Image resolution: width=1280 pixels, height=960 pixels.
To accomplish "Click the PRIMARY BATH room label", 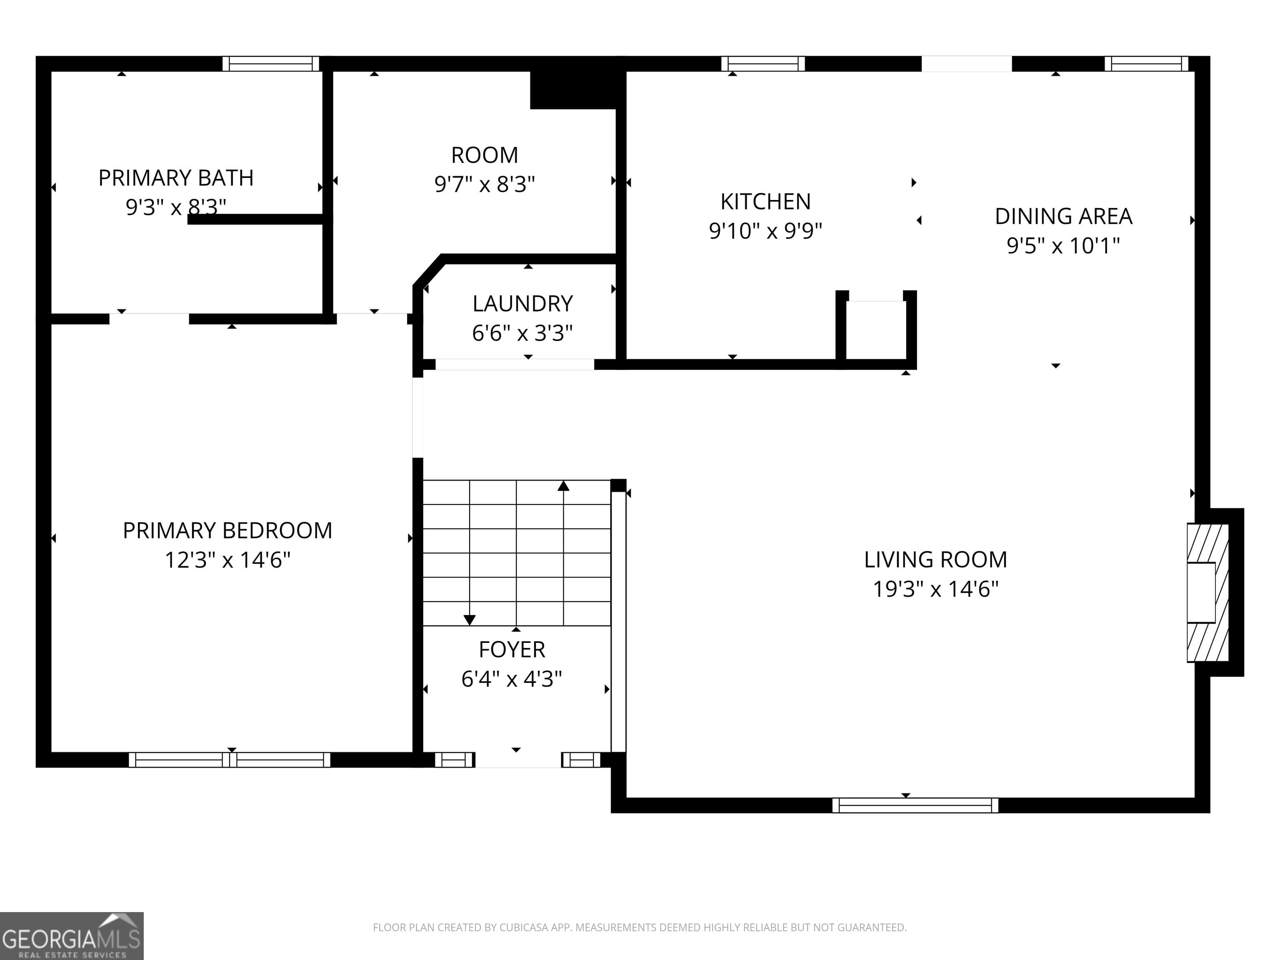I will (x=176, y=177).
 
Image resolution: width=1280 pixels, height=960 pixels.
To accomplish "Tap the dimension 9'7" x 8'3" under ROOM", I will (x=484, y=185).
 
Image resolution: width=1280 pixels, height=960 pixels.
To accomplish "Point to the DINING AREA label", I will (x=1063, y=216).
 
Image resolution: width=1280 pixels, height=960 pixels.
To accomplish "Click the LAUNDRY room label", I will (x=522, y=304).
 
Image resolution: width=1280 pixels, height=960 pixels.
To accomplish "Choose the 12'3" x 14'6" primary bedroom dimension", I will (x=227, y=560).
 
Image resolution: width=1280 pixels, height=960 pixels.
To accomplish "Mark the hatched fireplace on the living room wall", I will (x=1207, y=592).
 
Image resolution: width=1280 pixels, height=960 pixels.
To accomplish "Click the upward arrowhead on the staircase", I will (x=563, y=486).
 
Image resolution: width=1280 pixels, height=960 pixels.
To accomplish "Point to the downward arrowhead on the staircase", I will (x=469, y=620).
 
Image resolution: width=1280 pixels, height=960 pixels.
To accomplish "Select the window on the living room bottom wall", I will (x=915, y=805).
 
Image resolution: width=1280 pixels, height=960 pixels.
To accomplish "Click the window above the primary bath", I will (x=271, y=64).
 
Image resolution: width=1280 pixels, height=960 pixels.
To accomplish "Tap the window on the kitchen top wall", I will (x=762, y=64).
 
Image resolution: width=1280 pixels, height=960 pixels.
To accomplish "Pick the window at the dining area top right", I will (x=1146, y=64).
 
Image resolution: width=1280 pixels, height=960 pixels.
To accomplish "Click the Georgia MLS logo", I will (x=71, y=936).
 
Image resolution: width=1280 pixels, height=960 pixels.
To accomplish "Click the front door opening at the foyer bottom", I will (x=518, y=760).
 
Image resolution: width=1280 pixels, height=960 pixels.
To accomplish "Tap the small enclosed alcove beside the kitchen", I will (x=875, y=330).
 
